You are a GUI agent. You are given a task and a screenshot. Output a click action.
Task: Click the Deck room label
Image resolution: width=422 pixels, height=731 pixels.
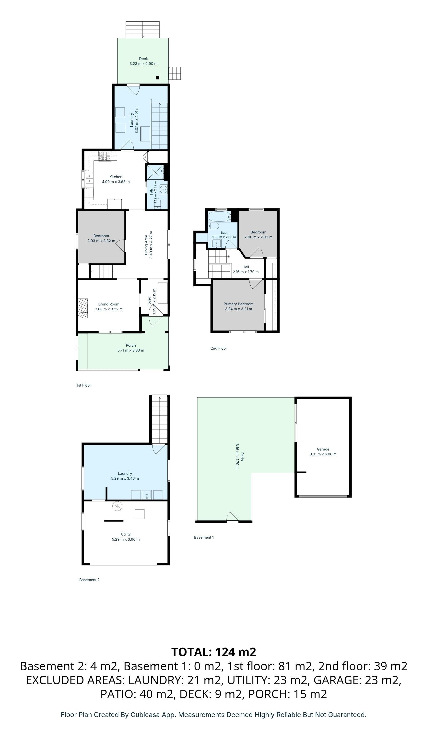pyautogui.click(x=143, y=59)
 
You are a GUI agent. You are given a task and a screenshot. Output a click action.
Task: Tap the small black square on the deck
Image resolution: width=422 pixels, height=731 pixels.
pyautogui.click(x=158, y=78)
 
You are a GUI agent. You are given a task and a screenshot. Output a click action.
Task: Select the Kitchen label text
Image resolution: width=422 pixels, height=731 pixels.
pyautogui.click(x=116, y=177)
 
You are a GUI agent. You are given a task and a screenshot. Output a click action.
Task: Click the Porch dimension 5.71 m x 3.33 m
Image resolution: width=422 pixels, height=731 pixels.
pyautogui.click(x=131, y=350)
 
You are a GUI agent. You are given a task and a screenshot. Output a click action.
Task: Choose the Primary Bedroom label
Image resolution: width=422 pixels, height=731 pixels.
pyautogui.click(x=238, y=304)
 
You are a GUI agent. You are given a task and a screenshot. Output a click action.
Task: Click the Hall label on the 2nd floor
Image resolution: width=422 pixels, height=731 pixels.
pyautogui.click(x=246, y=267)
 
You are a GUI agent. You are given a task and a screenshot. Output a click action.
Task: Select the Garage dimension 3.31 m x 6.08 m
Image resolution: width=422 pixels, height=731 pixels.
pyautogui.click(x=323, y=454)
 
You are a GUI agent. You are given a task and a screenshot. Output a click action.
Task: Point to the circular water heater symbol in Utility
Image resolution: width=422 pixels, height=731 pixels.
pyautogui.click(x=118, y=506)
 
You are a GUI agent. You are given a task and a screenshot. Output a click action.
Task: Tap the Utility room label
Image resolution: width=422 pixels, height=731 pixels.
pyautogui.click(x=126, y=534)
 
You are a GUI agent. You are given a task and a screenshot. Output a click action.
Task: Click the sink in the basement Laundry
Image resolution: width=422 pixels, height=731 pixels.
pyautogui.click(x=147, y=495)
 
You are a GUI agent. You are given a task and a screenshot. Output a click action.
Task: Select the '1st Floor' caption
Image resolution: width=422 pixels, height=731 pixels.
pyautogui.click(x=84, y=385)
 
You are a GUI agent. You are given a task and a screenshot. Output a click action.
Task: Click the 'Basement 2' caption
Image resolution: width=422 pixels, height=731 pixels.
pyautogui.click(x=89, y=580)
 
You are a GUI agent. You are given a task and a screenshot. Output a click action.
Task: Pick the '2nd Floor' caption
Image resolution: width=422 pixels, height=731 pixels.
pyautogui.click(x=219, y=348)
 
